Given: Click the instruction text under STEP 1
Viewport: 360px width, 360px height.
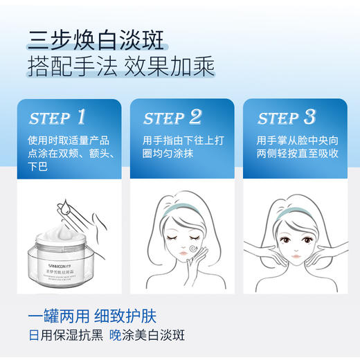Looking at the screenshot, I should (69, 152).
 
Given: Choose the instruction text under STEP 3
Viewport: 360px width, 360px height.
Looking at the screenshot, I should (297, 145).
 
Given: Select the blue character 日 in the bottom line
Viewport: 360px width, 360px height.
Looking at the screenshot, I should (33, 336).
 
